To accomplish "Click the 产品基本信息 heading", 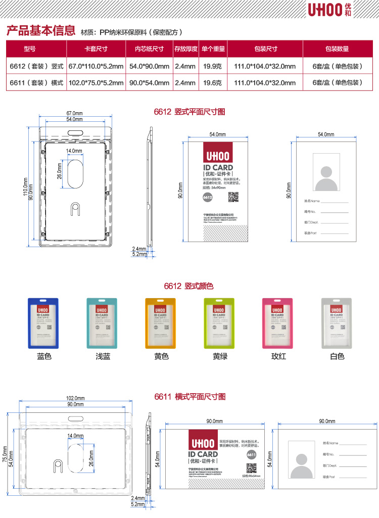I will pyautogui.click(x=40, y=31).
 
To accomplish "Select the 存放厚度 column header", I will pyautogui.click(x=185, y=49).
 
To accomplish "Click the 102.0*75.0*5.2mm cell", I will pyautogui.click(x=96, y=82).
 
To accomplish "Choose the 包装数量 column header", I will pyautogui.click(x=337, y=49).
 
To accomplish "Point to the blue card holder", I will pyautogui.click(x=44, y=323).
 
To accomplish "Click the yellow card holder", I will pyautogui.click(x=160, y=323).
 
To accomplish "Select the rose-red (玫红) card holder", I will pyautogui.click(x=277, y=323).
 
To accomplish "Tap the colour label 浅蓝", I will pyautogui.click(x=103, y=356).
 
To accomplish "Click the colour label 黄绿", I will pyautogui.click(x=219, y=356).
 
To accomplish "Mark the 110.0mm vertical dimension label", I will pyautogui.click(x=25, y=186).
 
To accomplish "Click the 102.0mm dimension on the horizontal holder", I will pyautogui.click(x=75, y=398).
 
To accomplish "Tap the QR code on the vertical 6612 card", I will pyautogui.click(x=233, y=197).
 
